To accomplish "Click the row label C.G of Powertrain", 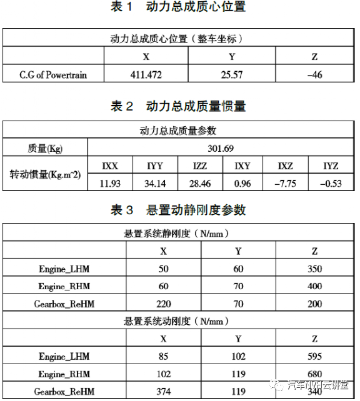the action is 54,75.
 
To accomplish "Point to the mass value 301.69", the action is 223,149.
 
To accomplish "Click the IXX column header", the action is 110,166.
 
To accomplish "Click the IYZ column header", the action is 331,166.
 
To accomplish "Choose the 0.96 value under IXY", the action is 242,183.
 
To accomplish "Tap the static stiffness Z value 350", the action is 315,269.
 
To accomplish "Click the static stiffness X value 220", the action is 164,304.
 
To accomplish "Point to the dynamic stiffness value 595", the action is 315,357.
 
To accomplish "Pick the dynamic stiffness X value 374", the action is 164,392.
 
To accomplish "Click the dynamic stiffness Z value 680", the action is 315,374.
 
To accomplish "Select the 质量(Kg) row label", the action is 46,149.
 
